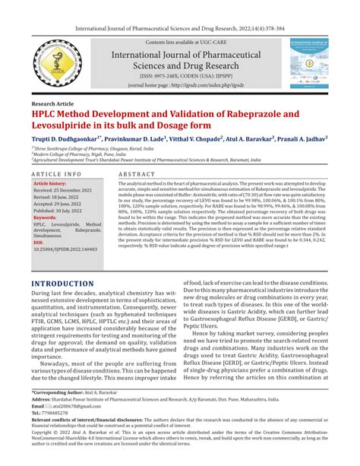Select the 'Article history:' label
click(51, 184)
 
